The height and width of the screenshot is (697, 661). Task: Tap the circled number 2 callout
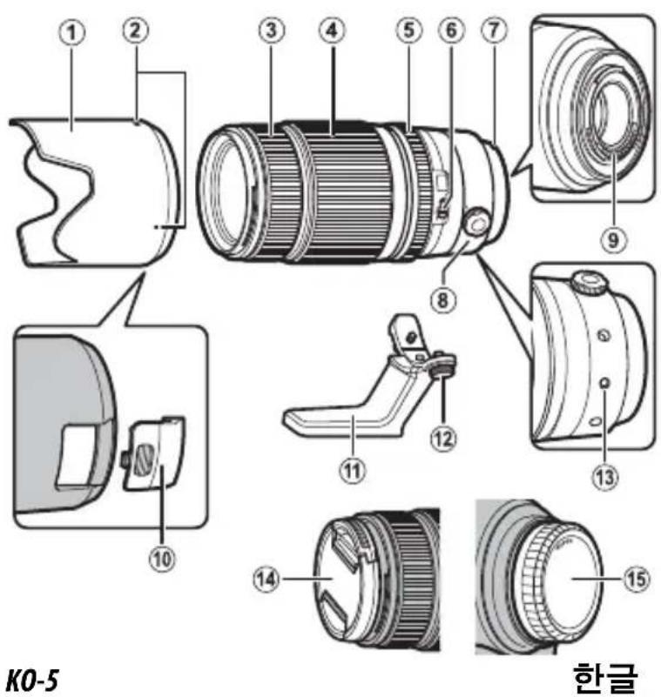pyautogui.click(x=135, y=31)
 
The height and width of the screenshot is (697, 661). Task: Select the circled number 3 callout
pyautogui.click(x=272, y=31)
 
